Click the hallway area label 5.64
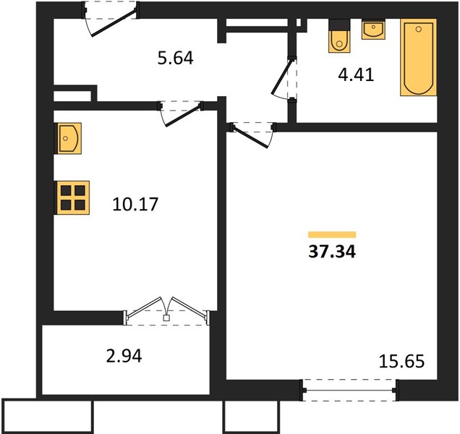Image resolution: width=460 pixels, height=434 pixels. tap(176, 58)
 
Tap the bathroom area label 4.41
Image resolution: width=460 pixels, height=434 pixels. tap(356, 75)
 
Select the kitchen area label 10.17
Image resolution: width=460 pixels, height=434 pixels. tap(135, 204)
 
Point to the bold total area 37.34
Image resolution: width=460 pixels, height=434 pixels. tap(332, 252)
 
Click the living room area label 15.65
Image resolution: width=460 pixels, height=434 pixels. tap(401, 361)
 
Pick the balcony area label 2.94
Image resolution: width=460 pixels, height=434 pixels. tap(124, 356)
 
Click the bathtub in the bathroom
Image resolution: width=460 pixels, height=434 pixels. tap(419, 58)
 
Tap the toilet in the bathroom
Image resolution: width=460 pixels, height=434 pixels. tap(339, 36)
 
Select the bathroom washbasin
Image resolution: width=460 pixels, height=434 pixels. tap(373, 30)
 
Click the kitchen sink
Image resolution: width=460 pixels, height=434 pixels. tap(68, 138)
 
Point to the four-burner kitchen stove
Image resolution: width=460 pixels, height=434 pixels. tap(72, 197)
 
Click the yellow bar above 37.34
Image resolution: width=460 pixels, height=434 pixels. tap(332, 234)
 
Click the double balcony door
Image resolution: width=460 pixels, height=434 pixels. tap(167, 312)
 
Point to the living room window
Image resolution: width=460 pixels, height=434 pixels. tap(349, 391)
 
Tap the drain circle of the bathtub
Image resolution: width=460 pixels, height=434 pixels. tap(419, 29)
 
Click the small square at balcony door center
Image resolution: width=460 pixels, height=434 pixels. tap(166, 318)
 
